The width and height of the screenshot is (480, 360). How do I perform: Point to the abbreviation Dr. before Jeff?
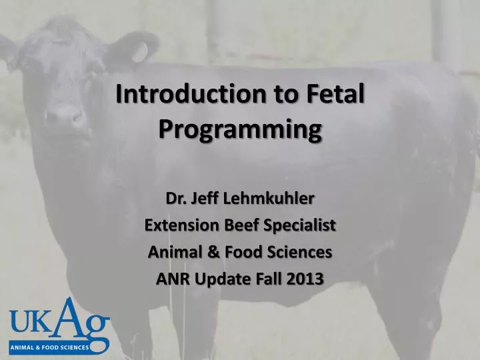click(x=175, y=199)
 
